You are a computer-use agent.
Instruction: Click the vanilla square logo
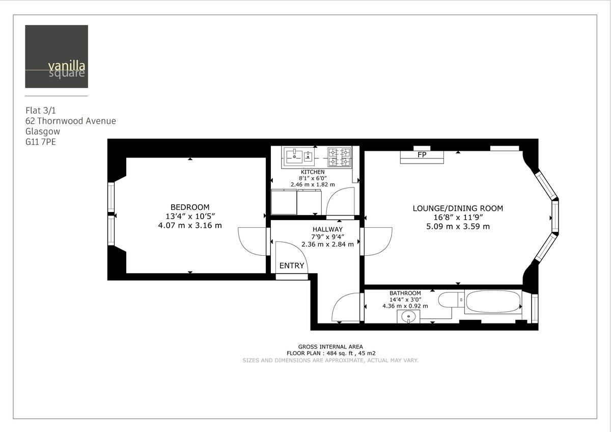(x=57, y=57)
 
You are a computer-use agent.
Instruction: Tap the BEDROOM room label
(x=190, y=207)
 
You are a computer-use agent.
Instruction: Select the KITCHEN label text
(x=313, y=172)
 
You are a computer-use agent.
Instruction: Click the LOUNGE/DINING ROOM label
(x=457, y=208)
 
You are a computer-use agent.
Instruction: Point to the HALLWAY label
(x=327, y=229)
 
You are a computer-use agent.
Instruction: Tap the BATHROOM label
(x=405, y=293)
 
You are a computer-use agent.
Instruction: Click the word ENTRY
(x=292, y=265)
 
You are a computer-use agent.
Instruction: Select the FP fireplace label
(x=422, y=155)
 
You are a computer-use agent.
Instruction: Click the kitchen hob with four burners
(x=340, y=157)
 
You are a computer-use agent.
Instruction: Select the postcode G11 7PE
(x=41, y=142)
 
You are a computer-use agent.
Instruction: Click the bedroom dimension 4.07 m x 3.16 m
(x=190, y=225)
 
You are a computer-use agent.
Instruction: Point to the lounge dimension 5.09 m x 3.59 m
(x=458, y=226)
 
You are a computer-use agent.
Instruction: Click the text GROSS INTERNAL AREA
(x=330, y=346)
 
